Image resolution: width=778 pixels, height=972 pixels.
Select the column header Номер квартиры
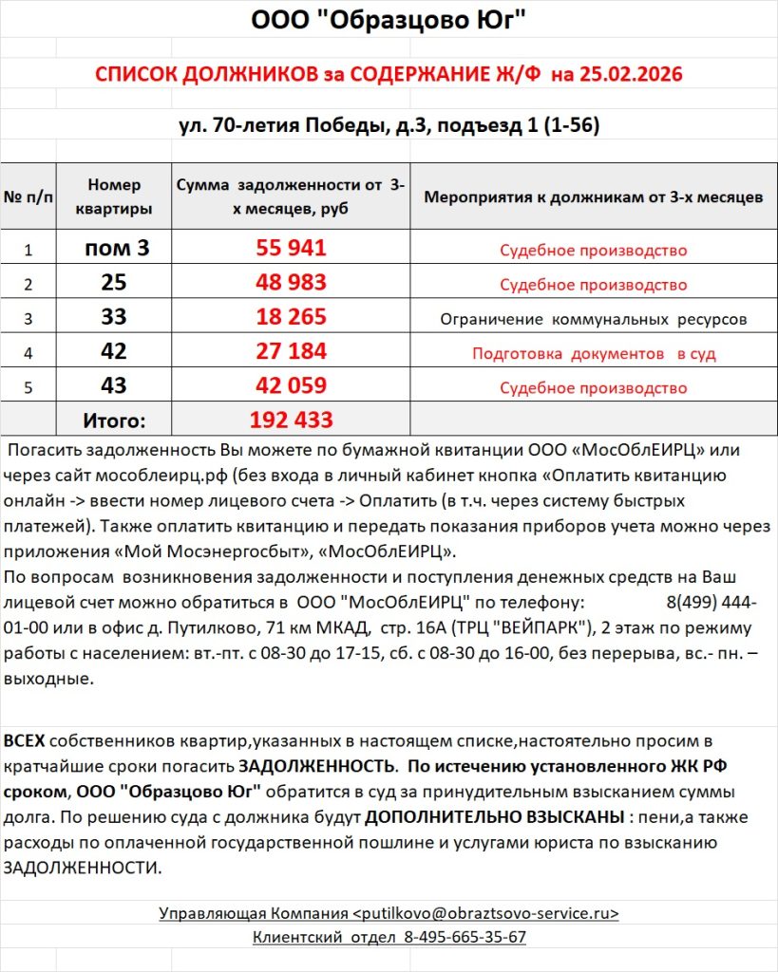pos(113,196)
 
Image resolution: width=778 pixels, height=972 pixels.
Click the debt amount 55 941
pos(292,249)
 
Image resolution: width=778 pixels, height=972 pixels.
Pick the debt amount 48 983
pos(292,283)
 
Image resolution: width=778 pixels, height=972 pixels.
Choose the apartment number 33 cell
pos(113,317)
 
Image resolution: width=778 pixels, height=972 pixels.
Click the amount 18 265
pos(292,317)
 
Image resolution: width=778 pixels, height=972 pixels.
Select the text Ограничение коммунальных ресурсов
pos(593,319)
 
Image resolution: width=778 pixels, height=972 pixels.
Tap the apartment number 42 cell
pos(113,352)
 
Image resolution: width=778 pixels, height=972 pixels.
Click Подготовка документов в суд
pos(593,353)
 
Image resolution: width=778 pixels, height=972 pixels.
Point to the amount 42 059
pos(292,386)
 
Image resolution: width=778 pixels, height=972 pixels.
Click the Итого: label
pos(113,420)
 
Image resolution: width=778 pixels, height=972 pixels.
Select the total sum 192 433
pos(292,420)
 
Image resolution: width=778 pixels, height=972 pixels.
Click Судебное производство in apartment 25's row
pos(593,285)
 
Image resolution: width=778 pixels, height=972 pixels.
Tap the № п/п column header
pos(28,197)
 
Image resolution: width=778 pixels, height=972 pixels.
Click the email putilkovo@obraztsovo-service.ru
pos(485,913)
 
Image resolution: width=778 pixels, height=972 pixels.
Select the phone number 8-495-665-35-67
pos(465,937)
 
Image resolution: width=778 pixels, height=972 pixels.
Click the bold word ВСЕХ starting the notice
pos(24,740)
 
